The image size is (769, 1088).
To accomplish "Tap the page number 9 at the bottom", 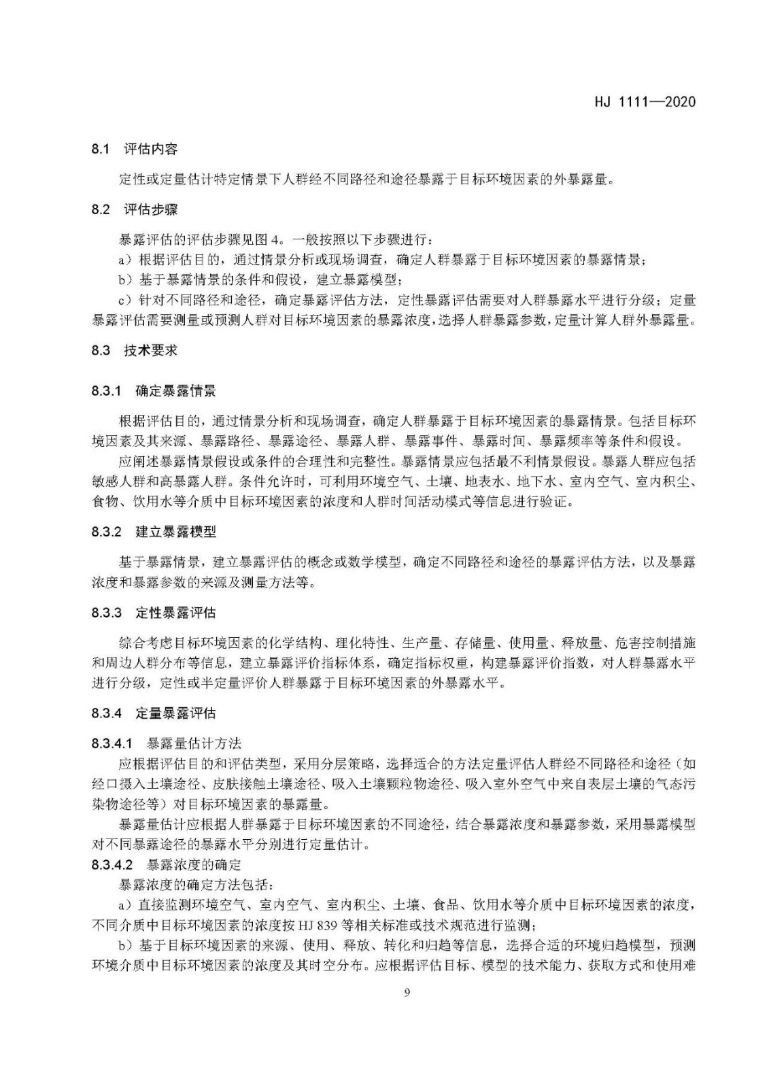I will point(407,992).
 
